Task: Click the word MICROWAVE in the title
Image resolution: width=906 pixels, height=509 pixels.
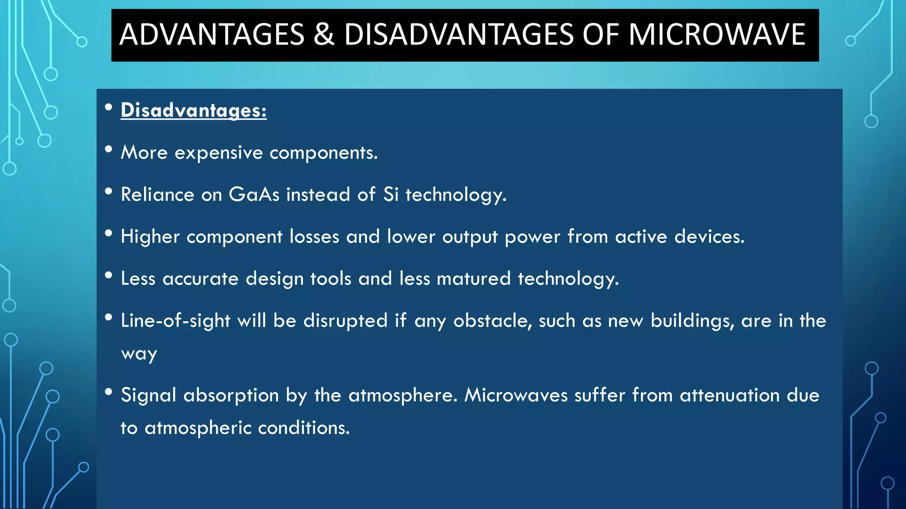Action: coord(717,34)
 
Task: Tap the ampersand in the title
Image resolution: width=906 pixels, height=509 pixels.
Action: coord(324,34)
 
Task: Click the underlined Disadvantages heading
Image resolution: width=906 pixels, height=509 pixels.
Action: coord(193,110)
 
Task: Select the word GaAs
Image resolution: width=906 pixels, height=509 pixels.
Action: coord(254,194)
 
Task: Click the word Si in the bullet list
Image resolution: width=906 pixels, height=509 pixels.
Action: coord(391,194)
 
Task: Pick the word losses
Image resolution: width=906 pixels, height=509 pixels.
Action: coord(314,236)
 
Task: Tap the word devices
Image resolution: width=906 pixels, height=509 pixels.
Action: coord(709,236)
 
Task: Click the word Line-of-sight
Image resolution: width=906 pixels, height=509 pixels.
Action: coord(176,320)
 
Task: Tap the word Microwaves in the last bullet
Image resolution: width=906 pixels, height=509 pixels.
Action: coord(516,395)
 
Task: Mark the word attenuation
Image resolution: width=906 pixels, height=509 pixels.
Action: coord(729,395)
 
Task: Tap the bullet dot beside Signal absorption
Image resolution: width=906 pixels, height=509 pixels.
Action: coord(108,391)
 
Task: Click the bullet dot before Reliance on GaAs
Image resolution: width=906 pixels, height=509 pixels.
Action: coord(108,191)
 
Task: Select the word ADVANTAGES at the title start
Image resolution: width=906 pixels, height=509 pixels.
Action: coord(212,34)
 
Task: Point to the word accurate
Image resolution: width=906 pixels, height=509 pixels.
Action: coord(200,278)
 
